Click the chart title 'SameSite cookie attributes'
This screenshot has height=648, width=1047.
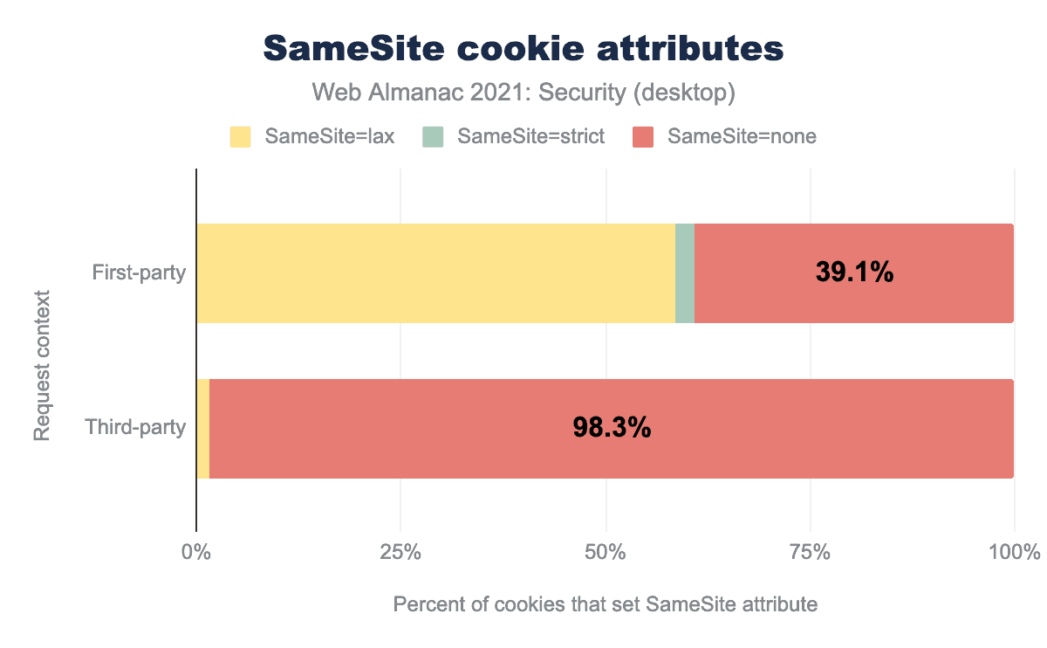pos(523,50)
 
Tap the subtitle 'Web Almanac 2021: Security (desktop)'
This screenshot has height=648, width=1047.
pos(523,92)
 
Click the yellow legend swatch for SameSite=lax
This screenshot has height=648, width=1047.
pos(240,136)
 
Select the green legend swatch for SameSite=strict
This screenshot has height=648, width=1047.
pos(433,136)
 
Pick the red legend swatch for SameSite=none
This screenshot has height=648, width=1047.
pos(643,136)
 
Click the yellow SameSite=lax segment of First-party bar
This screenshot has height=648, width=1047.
pos(435,273)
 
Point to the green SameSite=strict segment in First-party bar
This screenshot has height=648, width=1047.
pos(685,273)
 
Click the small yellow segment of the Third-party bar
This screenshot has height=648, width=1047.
pos(203,429)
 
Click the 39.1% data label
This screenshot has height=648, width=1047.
pos(854,272)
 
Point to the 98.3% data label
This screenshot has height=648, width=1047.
pos(612,428)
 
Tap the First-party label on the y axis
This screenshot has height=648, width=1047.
pos(140,273)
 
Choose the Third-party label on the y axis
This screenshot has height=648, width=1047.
pos(135,429)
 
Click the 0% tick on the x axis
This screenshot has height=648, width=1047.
pos(196,553)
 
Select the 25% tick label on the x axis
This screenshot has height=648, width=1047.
pos(400,553)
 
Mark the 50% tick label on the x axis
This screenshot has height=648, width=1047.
pos(606,553)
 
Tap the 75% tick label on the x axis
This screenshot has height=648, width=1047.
pos(811,553)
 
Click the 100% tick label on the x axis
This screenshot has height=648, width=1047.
pos(1015,553)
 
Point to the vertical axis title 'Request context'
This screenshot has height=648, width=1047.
pos(42,366)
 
